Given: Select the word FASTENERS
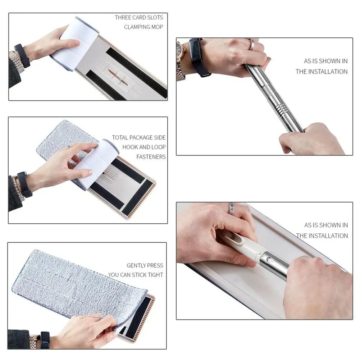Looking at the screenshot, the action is coord(151,157).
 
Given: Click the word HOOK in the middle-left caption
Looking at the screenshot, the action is coord(130,147).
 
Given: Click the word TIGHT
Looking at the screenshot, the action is coord(155,275).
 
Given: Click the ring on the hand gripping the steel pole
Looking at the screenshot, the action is coord(251,45).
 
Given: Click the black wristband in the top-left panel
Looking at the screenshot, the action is coord(22,56).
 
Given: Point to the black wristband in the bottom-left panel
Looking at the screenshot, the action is coord(45,340).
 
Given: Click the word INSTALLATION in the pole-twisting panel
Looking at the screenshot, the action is coord(328,72).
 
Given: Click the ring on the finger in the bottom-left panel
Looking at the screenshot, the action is coord(99,318).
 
